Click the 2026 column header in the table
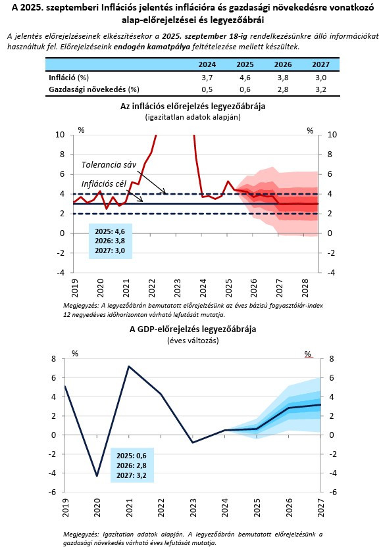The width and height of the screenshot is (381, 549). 283,64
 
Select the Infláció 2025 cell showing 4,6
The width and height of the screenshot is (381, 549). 245,78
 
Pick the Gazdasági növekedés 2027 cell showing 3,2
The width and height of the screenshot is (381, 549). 320,89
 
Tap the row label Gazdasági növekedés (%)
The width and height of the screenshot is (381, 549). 94,89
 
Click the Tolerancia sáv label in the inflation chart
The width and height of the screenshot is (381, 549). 109,164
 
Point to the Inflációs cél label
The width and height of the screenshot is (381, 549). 104,184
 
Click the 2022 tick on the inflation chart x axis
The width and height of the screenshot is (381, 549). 152,287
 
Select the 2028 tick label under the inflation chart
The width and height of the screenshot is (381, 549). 305,287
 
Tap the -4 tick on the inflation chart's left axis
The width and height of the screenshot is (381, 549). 61,273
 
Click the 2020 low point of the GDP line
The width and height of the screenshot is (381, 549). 97,476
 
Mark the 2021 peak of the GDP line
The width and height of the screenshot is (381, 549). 129,366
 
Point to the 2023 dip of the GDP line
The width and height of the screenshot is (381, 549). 193,442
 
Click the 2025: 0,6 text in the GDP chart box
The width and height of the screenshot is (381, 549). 132,456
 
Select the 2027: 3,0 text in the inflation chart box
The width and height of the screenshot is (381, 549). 110,251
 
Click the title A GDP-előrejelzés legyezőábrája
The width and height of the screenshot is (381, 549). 193,329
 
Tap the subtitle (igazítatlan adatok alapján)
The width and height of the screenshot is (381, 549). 193,117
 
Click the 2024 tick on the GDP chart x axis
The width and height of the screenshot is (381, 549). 224,508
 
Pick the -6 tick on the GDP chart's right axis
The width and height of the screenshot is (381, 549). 332,492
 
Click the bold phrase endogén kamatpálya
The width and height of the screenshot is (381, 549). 152,47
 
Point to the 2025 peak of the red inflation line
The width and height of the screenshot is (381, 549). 228,181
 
